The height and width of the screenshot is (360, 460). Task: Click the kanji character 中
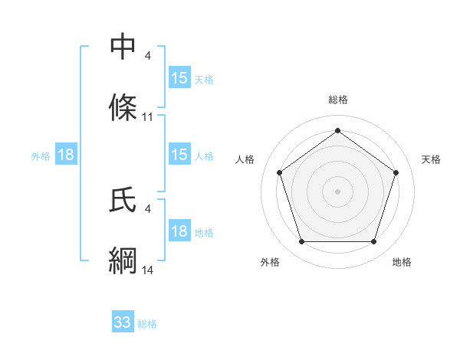point(123,47)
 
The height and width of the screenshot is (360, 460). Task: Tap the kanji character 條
point(123,107)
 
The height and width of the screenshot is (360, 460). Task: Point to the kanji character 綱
point(123,260)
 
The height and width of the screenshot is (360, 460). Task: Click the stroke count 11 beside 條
point(148,117)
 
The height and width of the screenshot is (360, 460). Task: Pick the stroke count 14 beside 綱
point(148,270)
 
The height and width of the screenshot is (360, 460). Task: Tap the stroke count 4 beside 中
point(148,57)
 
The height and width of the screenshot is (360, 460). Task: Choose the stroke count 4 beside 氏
point(148,208)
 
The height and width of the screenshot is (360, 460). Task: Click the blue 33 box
point(123,322)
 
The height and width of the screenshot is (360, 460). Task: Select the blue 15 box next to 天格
point(179,78)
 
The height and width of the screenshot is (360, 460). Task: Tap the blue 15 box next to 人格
point(179,155)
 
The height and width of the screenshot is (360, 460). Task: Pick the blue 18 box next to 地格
point(179,231)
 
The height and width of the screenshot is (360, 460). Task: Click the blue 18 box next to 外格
point(66,155)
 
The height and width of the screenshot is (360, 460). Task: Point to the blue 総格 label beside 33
point(148,324)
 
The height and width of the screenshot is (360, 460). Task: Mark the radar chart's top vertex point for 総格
point(337,129)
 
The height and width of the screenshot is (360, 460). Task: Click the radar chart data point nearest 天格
point(396,172)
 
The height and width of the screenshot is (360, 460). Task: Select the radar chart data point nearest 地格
point(374,242)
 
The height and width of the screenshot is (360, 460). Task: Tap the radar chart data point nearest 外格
point(301,242)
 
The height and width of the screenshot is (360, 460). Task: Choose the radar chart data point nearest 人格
point(278,172)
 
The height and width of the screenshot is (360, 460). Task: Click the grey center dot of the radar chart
point(337,191)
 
